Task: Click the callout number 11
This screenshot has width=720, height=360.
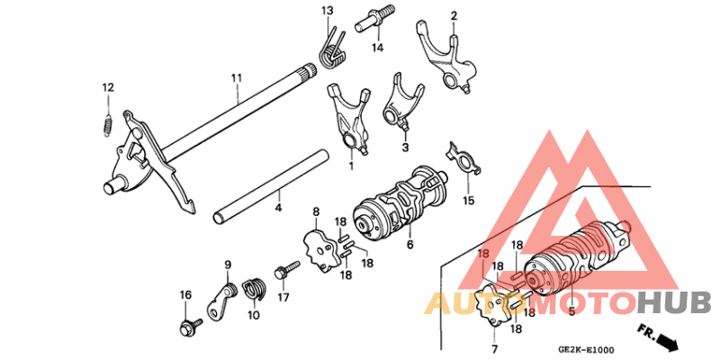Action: pos(236,79)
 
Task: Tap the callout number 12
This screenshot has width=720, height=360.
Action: pos(108,87)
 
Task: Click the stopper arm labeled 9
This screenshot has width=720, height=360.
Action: pos(219,300)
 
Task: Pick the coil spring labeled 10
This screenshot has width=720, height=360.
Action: pos(255,289)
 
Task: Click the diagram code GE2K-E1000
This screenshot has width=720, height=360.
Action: pos(586,350)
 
